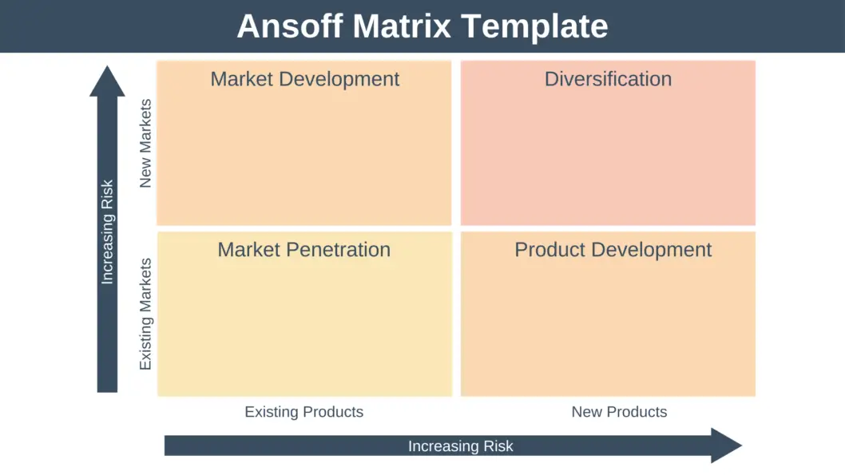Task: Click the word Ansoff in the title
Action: click(x=290, y=26)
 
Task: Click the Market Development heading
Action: click(x=304, y=79)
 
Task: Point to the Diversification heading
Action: click(x=608, y=79)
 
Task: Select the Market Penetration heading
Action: click(x=303, y=250)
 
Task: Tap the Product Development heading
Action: click(x=613, y=250)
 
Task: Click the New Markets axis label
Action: click(x=145, y=144)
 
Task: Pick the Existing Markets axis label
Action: click(x=145, y=313)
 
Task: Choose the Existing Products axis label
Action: click(x=303, y=412)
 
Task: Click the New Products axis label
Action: click(x=619, y=412)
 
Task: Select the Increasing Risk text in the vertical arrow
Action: click(x=107, y=232)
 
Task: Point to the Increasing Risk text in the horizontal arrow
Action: click(x=460, y=446)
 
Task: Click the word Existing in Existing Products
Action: click(x=271, y=412)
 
